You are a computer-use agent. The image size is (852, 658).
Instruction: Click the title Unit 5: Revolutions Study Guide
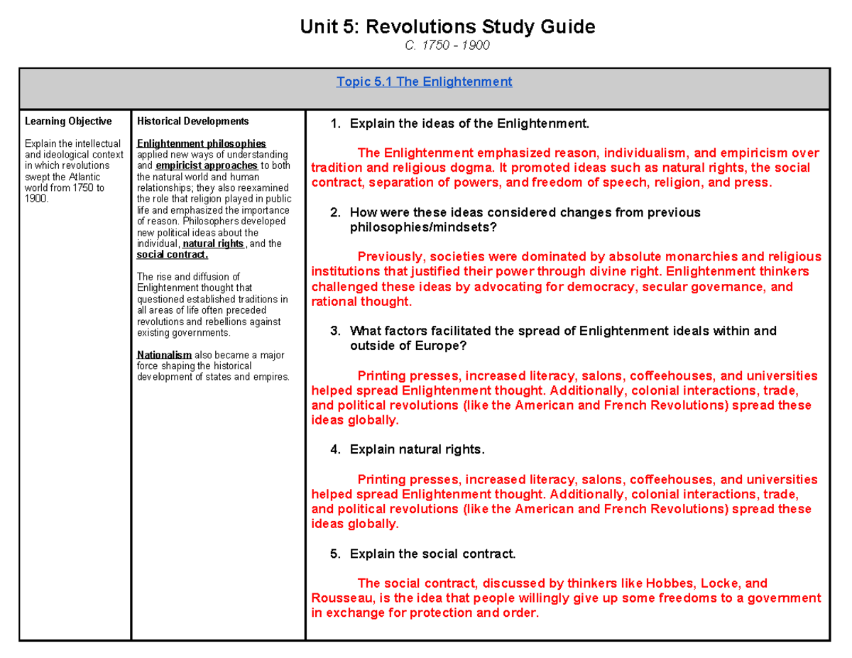tap(447, 28)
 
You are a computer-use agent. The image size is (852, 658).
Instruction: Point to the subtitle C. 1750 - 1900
tap(447, 46)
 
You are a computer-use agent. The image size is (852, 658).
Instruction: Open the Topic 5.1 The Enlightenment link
tap(425, 82)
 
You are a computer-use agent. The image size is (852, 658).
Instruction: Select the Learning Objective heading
tap(68, 121)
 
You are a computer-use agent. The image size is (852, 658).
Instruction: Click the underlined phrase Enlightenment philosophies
tap(201, 143)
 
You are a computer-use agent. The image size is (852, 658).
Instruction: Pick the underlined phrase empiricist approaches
tap(207, 165)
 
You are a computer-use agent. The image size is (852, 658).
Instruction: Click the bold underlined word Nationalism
tap(164, 354)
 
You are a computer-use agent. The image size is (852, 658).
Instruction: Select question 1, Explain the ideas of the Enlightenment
tap(469, 125)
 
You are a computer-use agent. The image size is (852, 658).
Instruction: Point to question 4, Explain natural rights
tap(417, 449)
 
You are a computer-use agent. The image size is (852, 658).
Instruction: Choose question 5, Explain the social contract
tap(432, 554)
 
